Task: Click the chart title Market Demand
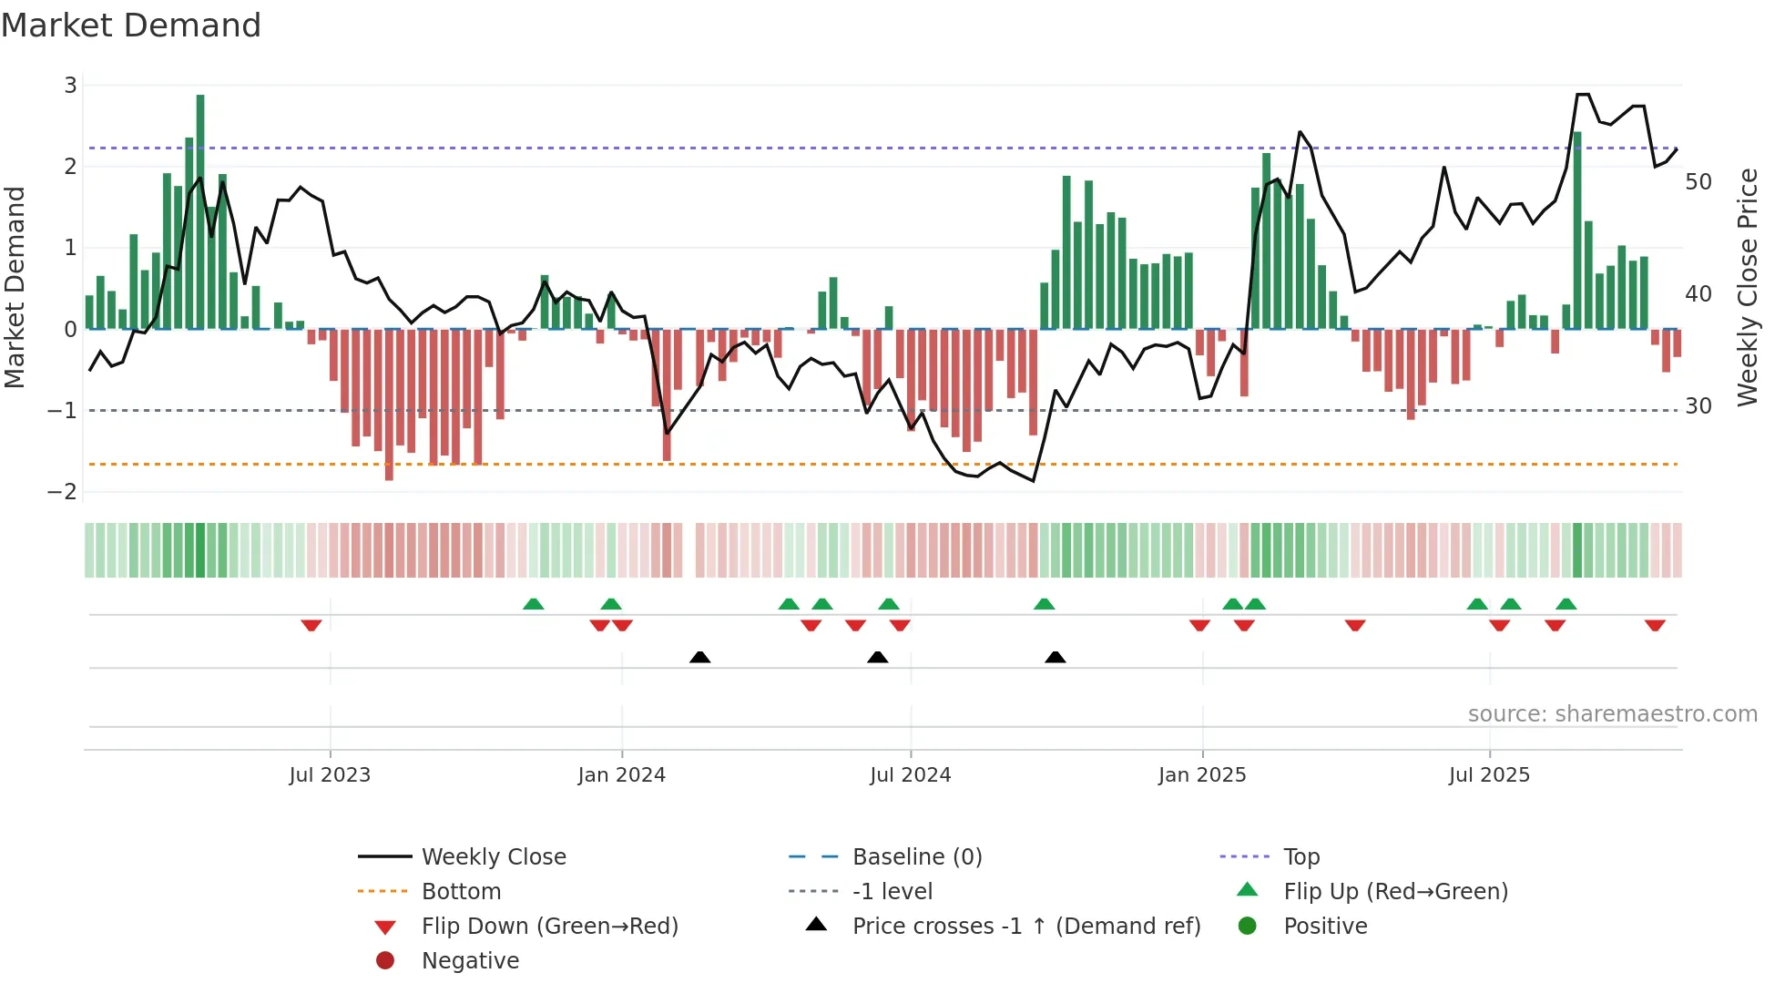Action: coord(131,26)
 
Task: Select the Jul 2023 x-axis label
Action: coord(330,775)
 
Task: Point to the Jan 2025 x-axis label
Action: coord(1202,775)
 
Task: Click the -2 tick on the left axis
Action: coord(63,492)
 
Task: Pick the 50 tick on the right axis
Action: coord(1698,182)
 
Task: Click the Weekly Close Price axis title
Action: coord(1747,287)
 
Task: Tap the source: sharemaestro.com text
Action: coord(1612,714)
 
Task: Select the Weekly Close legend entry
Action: coord(494,857)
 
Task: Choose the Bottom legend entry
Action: coord(461,892)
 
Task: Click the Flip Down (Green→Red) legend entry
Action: coord(549,927)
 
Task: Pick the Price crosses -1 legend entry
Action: coord(1026,927)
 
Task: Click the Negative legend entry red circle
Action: coord(385,961)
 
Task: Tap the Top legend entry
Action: coord(1301,857)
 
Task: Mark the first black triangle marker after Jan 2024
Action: coord(699,658)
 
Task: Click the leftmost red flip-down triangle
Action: coord(311,625)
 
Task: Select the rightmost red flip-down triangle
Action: coord(1655,625)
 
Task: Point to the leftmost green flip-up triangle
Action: coord(534,604)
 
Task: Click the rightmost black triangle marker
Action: coord(1055,658)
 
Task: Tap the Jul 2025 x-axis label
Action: coord(1489,775)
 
